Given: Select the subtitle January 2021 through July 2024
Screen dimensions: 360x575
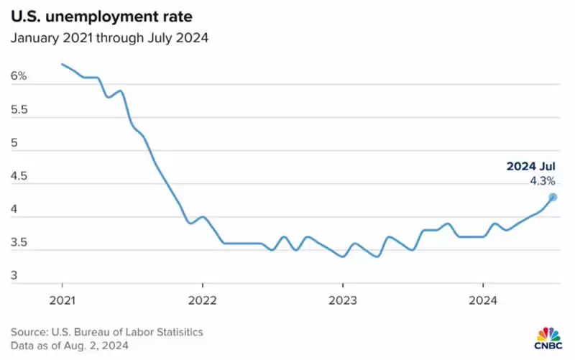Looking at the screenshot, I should (x=109, y=38).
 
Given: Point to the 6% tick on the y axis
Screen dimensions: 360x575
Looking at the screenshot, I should (x=18, y=75).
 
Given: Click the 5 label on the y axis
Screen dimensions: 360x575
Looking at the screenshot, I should (x=14, y=143).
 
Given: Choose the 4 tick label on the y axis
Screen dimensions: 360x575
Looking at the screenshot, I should (x=14, y=211).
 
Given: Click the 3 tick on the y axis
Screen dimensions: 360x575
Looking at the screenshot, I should (x=14, y=276).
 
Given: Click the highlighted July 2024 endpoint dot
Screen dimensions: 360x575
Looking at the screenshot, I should (x=553, y=197).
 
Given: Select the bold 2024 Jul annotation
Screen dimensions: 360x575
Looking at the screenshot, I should (x=531, y=167).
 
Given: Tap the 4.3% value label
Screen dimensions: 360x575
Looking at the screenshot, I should (x=542, y=182).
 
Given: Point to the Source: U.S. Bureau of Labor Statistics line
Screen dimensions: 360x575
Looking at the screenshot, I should (x=107, y=331).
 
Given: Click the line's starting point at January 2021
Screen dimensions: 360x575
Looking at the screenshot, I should (x=62, y=64).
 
